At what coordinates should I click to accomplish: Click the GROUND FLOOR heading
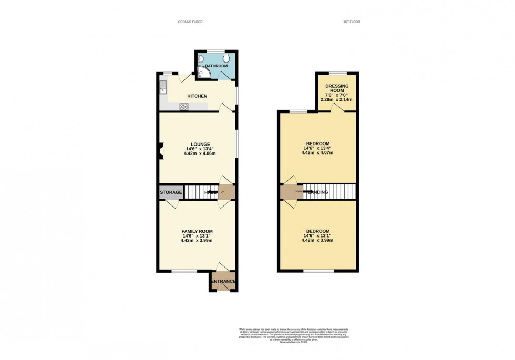coord(190,22)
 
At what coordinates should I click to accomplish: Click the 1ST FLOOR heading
coord(351,22)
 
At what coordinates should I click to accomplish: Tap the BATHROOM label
coord(216,66)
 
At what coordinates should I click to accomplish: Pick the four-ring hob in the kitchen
coord(184,107)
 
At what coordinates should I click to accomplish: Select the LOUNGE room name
coord(200,144)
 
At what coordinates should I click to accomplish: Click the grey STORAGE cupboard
coord(171,192)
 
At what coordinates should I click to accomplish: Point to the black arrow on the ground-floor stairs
coord(213,192)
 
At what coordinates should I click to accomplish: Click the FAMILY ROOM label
coord(197,231)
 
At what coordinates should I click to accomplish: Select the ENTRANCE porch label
coord(223,281)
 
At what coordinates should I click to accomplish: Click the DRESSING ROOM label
coord(337,88)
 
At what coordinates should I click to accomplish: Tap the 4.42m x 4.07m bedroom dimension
coord(317,152)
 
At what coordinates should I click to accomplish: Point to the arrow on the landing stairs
coord(306,192)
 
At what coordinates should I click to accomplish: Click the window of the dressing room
coord(337,73)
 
